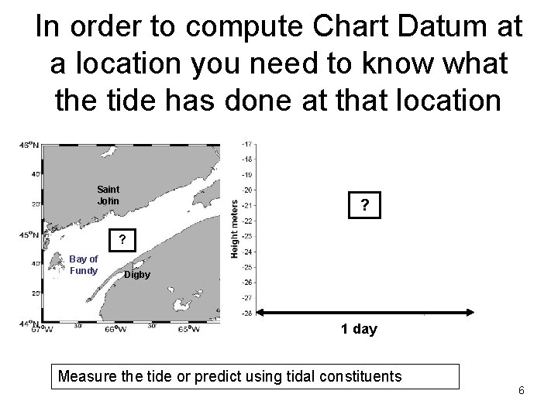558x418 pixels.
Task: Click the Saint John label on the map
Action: click(x=108, y=195)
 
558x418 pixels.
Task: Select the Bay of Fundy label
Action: click(x=84, y=264)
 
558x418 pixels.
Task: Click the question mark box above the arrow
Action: click(x=365, y=206)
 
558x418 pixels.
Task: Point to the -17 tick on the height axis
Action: click(x=246, y=144)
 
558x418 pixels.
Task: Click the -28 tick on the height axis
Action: click(x=246, y=313)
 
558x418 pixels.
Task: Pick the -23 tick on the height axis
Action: click(x=246, y=235)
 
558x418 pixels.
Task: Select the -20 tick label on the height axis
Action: click(x=246, y=190)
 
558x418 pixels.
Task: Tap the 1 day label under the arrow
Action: click(x=359, y=329)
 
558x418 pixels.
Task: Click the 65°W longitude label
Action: click(x=188, y=329)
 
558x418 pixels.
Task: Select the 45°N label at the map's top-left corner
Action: click(x=29, y=145)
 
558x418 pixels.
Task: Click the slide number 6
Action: click(x=522, y=390)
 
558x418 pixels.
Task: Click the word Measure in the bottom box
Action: click(x=88, y=377)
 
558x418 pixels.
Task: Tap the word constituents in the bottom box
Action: click(x=363, y=377)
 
